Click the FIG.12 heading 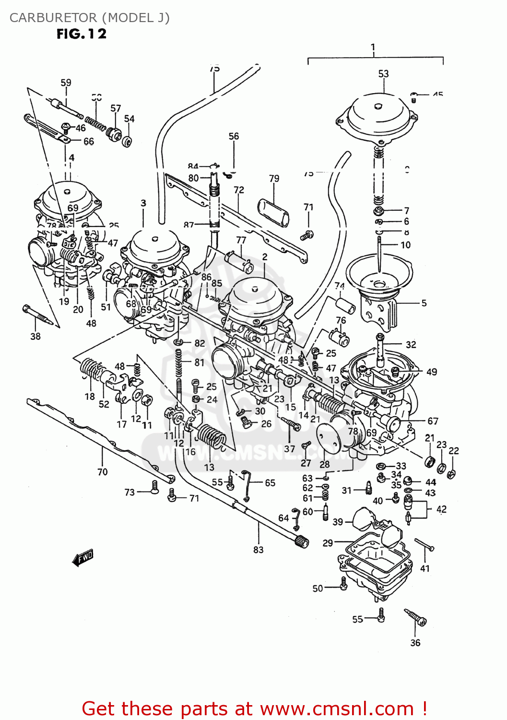(82, 34)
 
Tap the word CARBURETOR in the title (53, 18)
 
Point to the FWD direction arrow (83, 557)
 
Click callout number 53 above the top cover (383, 74)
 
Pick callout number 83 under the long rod (258, 550)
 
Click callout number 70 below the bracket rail (102, 472)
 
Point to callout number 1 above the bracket (373, 48)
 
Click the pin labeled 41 (424, 544)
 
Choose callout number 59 (66, 83)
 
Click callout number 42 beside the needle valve (441, 509)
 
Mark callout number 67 (433, 421)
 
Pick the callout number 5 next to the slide (424, 303)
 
